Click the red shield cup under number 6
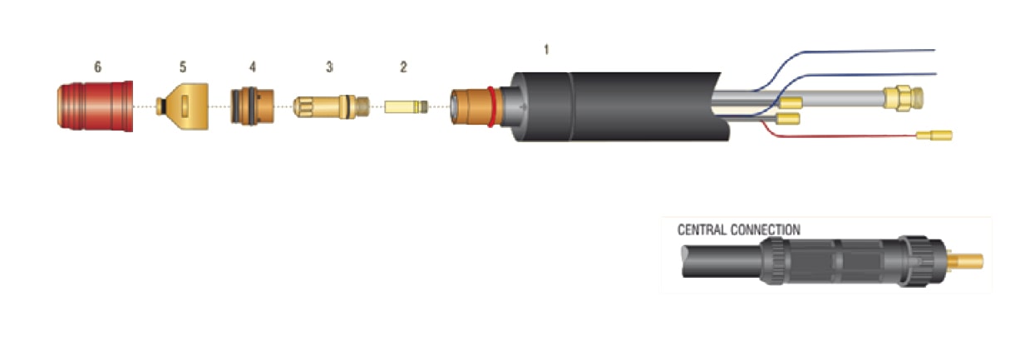[95, 106]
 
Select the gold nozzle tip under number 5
[183, 106]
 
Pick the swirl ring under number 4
[252, 106]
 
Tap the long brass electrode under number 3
[332, 106]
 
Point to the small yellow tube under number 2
[406, 107]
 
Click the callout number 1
[546, 49]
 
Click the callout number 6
[97, 67]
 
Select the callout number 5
[183, 67]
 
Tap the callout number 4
[252, 67]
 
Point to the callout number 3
[329, 67]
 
